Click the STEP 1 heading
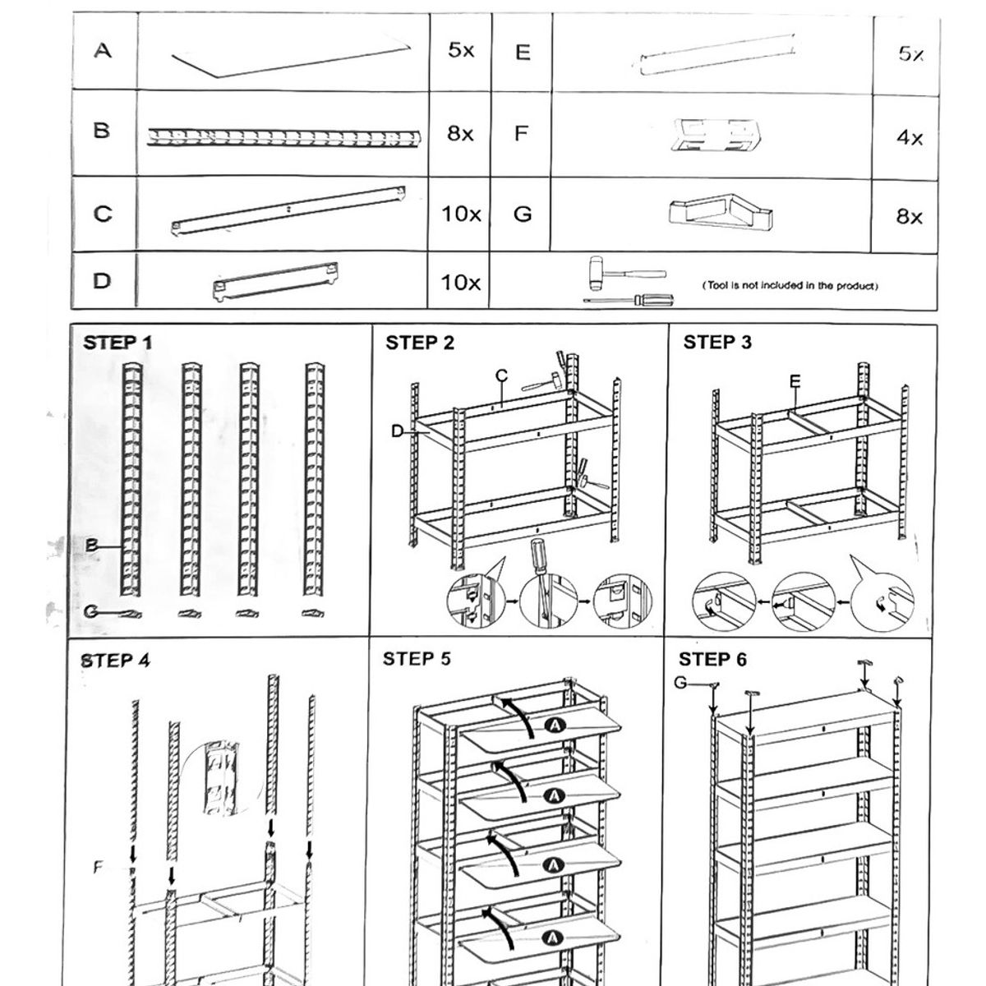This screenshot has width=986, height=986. coord(117,343)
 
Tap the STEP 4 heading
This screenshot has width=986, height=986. coord(116,661)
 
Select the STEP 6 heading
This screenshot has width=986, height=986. coord(712,660)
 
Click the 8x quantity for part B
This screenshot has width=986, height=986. coord(460,134)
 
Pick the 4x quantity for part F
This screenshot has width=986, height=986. coord(910,138)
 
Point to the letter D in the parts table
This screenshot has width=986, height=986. coord(102,281)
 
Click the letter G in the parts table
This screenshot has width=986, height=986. coord(523,214)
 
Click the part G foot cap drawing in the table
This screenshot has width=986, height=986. coord(721,211)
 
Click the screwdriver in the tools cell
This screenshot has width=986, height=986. coord(629,300)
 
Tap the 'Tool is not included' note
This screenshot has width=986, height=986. coord(790,286)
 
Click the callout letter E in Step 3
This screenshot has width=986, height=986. coord(795,381)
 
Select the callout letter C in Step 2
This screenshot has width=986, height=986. coord(501,376)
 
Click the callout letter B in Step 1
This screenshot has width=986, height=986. coord(92,545)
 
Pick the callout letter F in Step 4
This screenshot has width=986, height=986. coord(99,867)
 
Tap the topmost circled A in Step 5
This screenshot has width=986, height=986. coord(555,726)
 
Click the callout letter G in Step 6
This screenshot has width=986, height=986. coord(680,683)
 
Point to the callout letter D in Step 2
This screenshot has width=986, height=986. coord(397,431)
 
